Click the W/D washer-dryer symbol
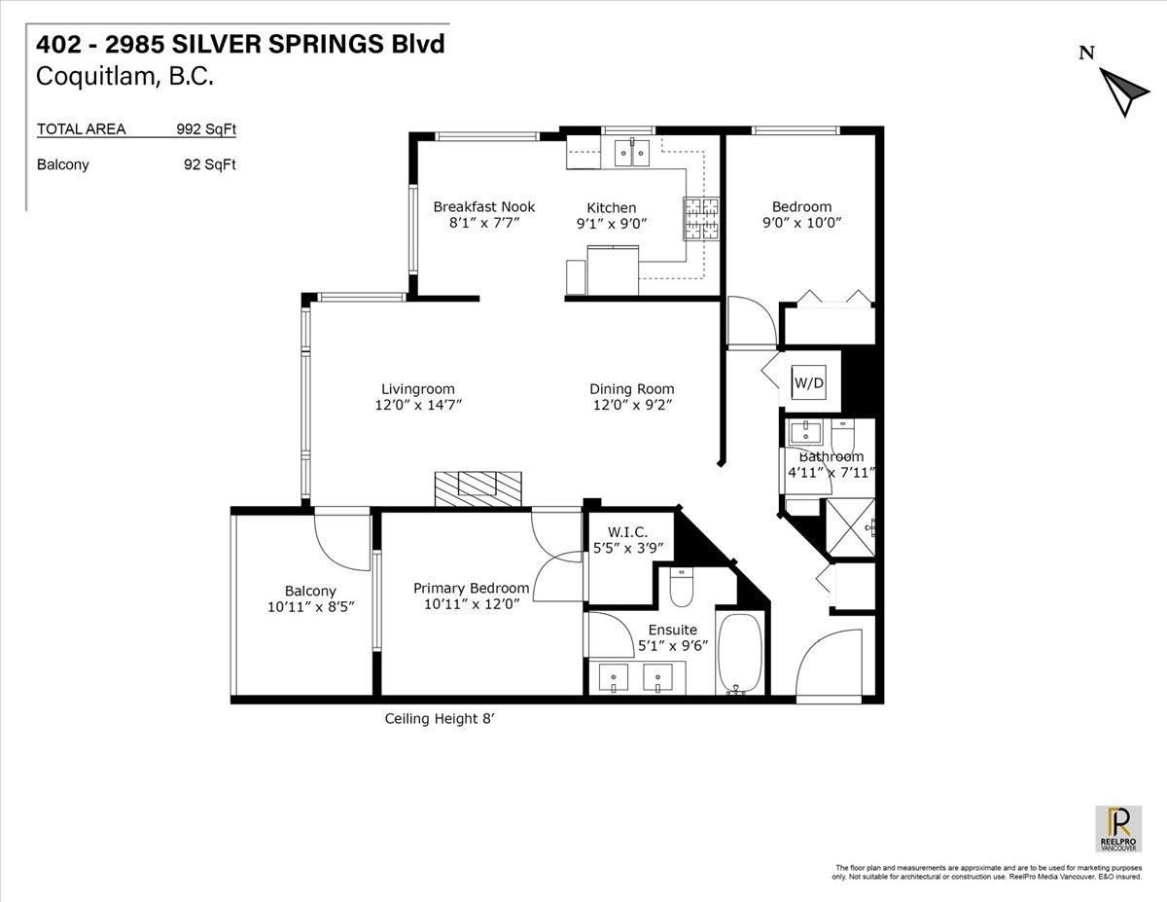[808, 382]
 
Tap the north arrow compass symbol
[1123, 91]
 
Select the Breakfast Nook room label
[484, 207]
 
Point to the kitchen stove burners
[701, 218]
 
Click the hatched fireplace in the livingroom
[477, 488]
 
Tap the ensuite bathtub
[739, 654]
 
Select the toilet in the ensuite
[682, 587]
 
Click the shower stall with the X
[851, 527]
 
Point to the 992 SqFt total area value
[206, 129]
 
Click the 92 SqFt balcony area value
[210, 164]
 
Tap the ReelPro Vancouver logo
[1118, 837]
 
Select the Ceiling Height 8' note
[439, 719]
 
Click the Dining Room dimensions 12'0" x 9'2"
[632, 405]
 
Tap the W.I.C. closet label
[627, 532]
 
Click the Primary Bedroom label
[471, 589]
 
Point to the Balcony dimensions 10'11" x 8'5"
[311, 607]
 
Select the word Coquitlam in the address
[95, 77]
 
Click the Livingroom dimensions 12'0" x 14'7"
[418, 405]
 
